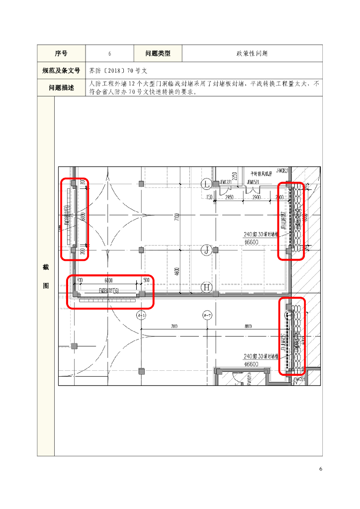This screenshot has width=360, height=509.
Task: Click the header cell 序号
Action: pos(61,53)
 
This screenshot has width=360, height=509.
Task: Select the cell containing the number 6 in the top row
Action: pos(109,53)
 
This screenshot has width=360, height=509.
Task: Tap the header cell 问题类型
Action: pos(158,53)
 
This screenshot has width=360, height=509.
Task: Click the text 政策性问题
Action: pos(252,53)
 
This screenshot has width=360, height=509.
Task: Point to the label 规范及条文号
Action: pos(61,71)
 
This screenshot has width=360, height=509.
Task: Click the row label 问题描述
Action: pos(61,87)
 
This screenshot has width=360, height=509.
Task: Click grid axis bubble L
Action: pos(206,184)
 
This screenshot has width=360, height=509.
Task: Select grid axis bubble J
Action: pos(206,250)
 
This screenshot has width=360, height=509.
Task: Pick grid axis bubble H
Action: pos(206,287)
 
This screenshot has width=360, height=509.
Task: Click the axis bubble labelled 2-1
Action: pos(141,315)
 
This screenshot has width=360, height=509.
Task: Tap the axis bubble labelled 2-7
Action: pos(207,315)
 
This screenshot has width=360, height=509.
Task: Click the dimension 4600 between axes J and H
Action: pos(177,272)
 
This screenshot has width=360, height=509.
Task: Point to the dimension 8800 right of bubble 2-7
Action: pos(248,326)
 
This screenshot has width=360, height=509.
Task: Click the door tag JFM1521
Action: pos(253,182)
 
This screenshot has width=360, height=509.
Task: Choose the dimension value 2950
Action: pos(229,198)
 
